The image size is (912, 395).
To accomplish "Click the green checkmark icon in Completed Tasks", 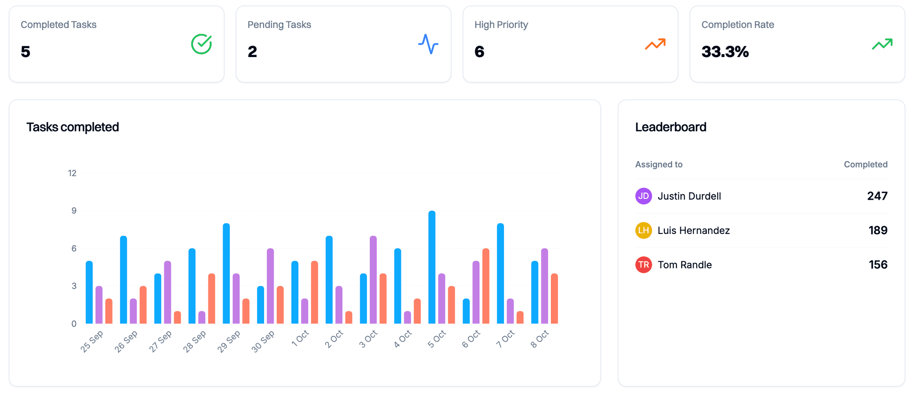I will (201, 44).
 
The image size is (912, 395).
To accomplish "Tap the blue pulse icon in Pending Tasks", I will (428, 44).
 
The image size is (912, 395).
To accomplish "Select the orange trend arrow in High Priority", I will (655, 44).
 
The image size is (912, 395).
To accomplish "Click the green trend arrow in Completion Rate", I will (882, 44).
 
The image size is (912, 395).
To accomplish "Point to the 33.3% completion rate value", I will (725, 52).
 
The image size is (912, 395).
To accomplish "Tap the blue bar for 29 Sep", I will (226, 273).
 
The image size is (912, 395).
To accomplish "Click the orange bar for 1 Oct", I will (314, 292).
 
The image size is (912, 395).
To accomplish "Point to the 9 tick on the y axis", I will (74, 211).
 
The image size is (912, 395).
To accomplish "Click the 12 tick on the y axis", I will (72, 173).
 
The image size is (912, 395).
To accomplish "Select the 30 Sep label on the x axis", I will (263, 341).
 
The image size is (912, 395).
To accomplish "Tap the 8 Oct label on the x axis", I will (539, 339).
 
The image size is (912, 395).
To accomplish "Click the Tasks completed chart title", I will (73, 127).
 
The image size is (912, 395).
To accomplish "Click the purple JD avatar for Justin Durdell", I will (643, 196).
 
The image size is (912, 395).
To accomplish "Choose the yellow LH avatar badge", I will (643, 230).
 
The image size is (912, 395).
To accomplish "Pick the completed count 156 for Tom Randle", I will (877, 265).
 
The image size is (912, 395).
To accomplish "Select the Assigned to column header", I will (658, 164).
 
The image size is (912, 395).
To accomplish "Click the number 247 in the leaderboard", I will (877, 196).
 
